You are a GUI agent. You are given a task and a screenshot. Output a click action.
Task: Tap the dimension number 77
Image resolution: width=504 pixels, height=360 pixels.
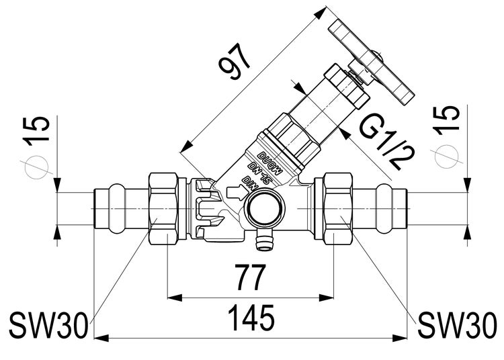click(250, 276)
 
